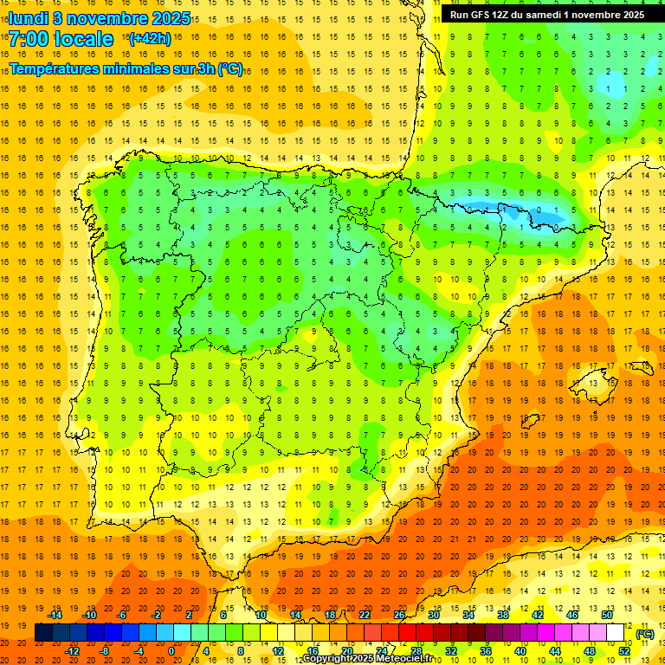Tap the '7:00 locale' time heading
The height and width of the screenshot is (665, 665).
tap(61, 39)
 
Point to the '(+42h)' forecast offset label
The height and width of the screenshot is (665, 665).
tap(150, 38)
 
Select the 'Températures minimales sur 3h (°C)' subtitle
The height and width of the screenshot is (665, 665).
tap(126, 68)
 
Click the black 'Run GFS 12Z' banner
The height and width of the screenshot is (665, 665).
tap(546, 15)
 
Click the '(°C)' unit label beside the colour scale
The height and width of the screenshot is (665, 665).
tap(645, 634)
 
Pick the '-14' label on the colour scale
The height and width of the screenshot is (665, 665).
tap(55, 615)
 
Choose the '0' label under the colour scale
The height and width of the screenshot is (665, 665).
tap(171, 651)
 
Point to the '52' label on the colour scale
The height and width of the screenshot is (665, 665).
tap(623, 651)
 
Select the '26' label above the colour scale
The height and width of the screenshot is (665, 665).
tap(399, 615)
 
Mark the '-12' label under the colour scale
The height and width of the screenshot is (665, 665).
tap(72, 651)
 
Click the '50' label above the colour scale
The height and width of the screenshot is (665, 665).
tap(606, 615)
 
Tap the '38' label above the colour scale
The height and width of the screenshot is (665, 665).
tap(502, 615)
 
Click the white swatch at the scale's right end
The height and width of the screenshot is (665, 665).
tap(616, 633)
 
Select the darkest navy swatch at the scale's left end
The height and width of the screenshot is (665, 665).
tap(43, 633)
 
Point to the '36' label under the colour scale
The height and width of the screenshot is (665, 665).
tap(486, 651)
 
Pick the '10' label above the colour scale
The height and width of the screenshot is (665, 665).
tap(261, 615)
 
